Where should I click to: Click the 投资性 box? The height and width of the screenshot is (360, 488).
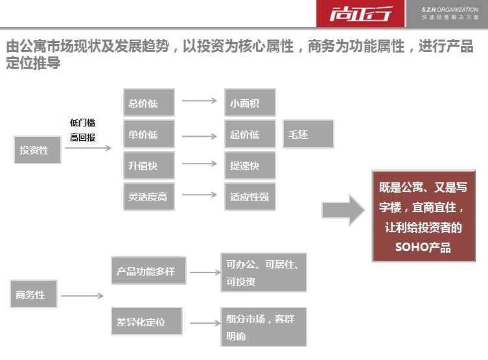tap(36, 150)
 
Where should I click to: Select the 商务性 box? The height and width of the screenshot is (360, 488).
tap(33, 294)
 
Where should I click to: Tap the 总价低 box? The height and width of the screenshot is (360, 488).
tap(148, 102)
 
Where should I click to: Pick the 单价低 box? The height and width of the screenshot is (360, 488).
tap(148, 134)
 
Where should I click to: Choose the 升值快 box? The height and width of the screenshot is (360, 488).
tap(148, 165)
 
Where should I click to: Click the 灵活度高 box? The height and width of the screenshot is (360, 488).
tap(148, 197)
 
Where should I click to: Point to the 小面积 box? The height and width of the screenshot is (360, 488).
tap(250, 102)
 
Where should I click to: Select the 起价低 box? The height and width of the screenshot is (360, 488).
tap(250, 134)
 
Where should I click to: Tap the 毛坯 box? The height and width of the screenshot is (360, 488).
tap(308, 134)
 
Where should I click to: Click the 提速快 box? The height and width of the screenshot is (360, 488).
tap(250, 165)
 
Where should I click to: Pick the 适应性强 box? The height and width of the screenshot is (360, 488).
tap(250, 197)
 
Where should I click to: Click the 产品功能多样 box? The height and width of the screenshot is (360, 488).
tap(148, 271)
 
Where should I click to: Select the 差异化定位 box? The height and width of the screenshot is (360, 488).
tap(146, 322)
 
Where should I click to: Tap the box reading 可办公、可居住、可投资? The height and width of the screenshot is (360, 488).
tap(263, 272)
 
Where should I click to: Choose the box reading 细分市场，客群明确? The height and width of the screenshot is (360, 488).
tap(263, 327)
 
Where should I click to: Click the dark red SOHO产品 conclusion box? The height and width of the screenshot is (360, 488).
tap(423, 217)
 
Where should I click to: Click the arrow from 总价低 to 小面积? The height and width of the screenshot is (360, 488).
tap(199, 101)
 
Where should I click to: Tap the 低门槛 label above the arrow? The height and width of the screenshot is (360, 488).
tap(82, 123)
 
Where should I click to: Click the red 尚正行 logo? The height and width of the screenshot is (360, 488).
tap(360, 14)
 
